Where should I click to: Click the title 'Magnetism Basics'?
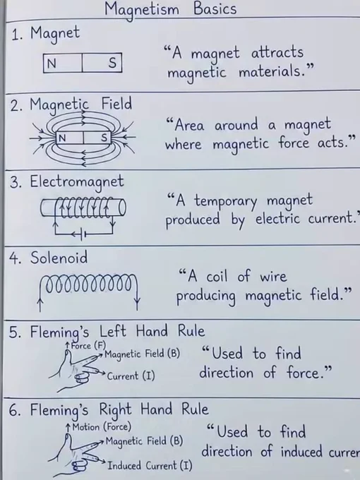(171, 9)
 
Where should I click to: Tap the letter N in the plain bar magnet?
(52, 64)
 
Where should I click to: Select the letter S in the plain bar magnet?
(112, 63)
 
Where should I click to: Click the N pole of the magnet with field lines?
(62, 138)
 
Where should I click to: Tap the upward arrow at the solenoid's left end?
(40, 299)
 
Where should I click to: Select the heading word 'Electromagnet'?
(77, 182)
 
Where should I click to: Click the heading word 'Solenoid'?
(59, 258)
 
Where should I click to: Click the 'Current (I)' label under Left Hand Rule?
(131, 376)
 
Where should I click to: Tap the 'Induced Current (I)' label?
(150, 466)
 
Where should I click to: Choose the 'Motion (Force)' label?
(102, 427)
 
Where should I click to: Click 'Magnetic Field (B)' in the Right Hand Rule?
(144, 441)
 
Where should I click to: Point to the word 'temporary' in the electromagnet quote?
(226, 201)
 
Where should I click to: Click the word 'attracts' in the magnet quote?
(277, 53)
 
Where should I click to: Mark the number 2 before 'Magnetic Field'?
(15, 106)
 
